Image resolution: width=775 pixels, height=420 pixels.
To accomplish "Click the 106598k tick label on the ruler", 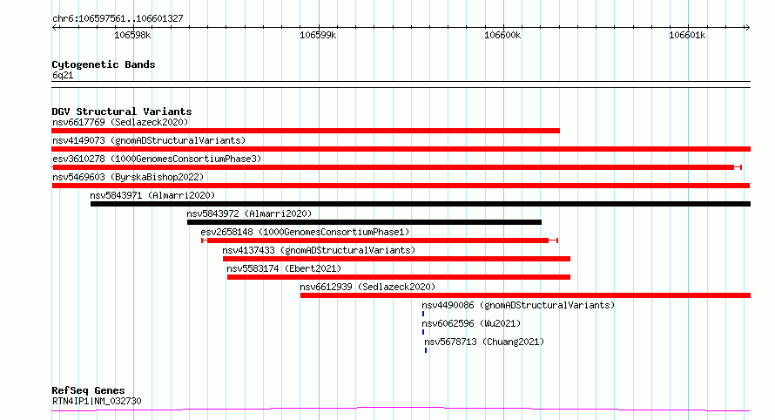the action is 132,35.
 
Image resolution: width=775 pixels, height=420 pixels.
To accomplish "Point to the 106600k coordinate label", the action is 502,35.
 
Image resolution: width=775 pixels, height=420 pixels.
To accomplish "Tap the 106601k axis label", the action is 687,35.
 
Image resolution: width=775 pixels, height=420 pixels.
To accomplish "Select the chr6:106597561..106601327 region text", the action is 118,18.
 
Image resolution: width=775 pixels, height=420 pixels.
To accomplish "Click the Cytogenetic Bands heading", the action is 104,64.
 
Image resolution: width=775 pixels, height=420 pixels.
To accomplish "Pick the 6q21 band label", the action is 63,75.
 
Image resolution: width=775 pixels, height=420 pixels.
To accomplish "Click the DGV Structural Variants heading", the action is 122,112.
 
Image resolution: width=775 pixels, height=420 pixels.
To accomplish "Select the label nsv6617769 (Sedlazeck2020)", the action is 120,122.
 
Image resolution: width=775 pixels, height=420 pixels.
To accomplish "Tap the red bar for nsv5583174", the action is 398,277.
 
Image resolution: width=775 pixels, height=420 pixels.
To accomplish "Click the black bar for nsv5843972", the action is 364,222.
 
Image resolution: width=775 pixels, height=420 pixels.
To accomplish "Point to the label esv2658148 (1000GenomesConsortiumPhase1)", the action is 305,232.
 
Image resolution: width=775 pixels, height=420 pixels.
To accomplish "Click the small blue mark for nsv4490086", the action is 423,314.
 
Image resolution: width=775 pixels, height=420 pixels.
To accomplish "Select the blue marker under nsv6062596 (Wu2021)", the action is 423,332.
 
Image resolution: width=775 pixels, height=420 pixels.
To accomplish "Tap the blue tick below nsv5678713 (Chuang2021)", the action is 426,350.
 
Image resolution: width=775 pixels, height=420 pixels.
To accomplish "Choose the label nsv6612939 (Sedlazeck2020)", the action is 367,287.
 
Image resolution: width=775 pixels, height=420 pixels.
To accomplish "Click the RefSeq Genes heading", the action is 88,390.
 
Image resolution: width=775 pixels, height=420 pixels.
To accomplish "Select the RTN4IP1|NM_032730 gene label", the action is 97,401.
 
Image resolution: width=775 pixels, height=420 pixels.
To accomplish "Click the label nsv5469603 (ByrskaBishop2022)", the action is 128,177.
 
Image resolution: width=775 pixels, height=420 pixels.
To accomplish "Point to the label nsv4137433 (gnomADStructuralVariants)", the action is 319,250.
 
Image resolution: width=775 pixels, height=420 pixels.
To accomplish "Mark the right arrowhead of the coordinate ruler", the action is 748,27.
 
